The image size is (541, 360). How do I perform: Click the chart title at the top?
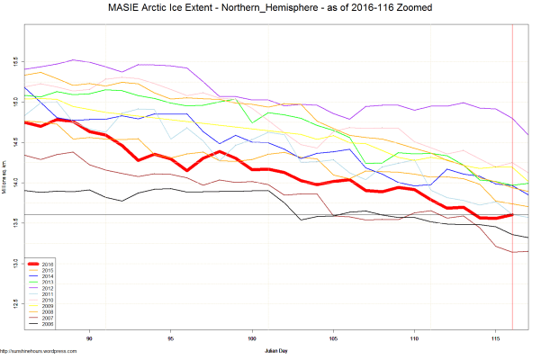tap(270, 8)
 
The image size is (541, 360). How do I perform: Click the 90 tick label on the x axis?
tap(89, 339)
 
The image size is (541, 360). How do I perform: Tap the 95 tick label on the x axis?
tap(170, 339)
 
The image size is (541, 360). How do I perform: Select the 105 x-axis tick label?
tap(333, 339)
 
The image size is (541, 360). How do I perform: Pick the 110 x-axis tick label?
tap(414, 339)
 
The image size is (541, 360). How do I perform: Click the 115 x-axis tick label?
tap(495, 339)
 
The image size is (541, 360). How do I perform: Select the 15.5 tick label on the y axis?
tap(14, 62)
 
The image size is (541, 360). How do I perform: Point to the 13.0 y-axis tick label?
tap(14, 263)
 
